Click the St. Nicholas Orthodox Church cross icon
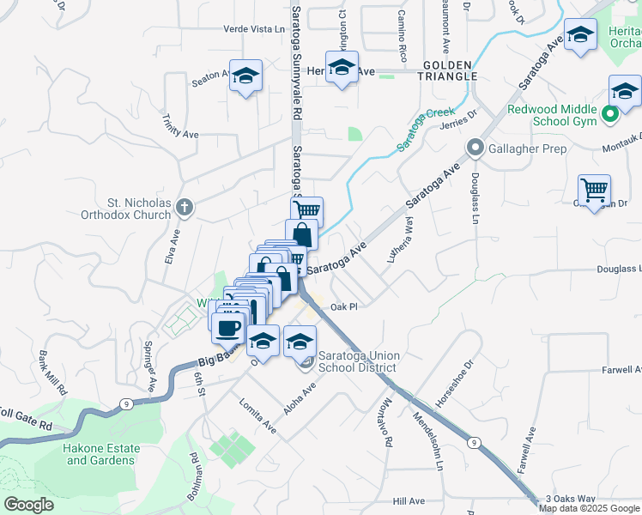184,207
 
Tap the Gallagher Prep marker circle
475,149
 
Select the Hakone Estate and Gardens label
100,454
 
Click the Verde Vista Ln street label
253,29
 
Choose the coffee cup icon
228,326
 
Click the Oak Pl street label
342,306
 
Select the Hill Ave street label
409,500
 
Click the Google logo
29,505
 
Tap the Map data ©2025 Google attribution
589,508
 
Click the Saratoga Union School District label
357,361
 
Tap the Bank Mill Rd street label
53,371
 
